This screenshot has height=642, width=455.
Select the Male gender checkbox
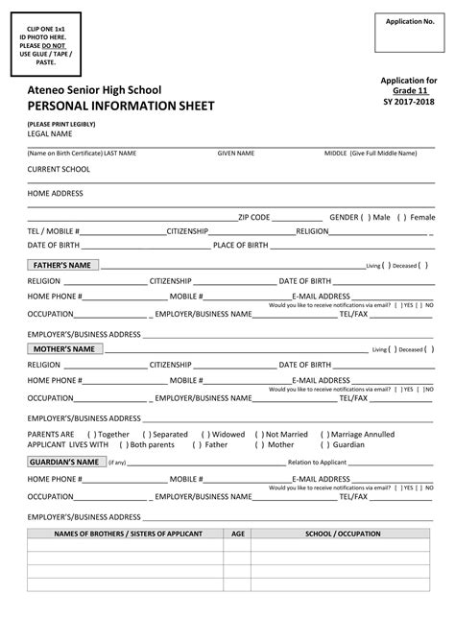coord(366,217)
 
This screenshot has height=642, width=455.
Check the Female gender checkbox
coord(402,217)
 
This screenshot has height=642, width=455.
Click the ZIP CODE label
coord(254,217)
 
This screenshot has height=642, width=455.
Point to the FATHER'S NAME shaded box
coord(61,265)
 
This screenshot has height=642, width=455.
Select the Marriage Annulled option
coord(324,434)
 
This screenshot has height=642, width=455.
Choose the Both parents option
coord(123,445)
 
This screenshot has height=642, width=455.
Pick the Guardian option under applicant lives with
coord(324,445)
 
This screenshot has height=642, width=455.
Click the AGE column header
coord(238,533)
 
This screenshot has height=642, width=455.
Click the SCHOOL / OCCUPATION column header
coord(343,533)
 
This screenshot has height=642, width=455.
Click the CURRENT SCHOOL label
coord(59,169)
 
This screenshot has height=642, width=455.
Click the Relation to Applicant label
coord(316,463)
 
